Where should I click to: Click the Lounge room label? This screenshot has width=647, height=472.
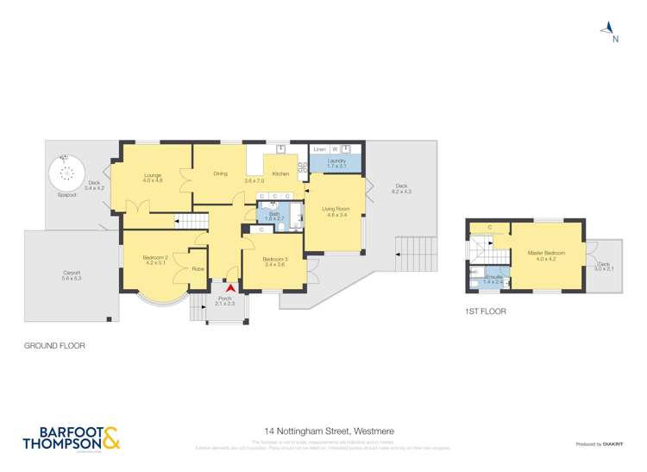[153, 177]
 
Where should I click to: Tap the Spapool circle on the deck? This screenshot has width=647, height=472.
[66, 173]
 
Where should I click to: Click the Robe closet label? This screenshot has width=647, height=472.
[198, 268]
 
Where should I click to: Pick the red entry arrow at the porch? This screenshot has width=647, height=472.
[229, 289]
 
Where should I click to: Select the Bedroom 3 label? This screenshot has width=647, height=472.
[275, 261]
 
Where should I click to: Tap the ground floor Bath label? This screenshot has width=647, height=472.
[273, 216]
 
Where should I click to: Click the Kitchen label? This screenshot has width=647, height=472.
[280, 174]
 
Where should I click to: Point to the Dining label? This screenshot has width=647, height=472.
[220, 174]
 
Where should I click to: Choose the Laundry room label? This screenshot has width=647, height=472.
[336, 161]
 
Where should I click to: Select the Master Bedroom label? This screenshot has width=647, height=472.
[545, 253]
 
